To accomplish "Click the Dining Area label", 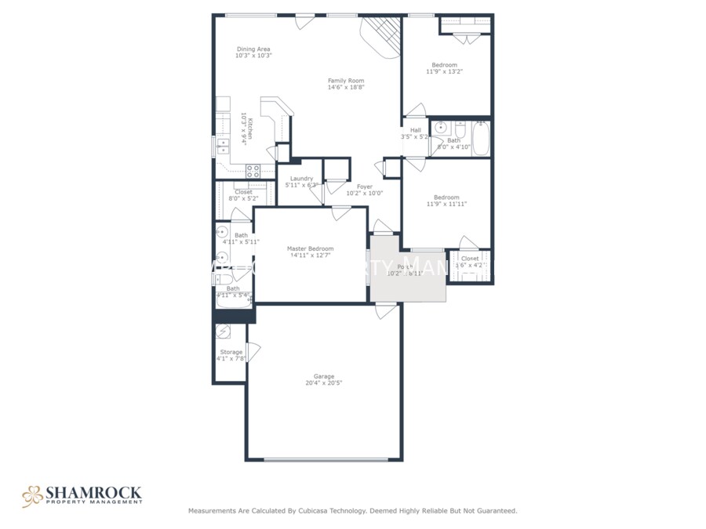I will tap(253, 49).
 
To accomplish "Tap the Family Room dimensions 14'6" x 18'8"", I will tap(346, 87).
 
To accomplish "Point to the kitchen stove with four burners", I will tap(253, 168).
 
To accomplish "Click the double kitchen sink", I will tap(224, 146).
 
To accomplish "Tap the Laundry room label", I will tap(301, 179).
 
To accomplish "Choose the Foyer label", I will tap(365, 187).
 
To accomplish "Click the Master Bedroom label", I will tap(310, 248).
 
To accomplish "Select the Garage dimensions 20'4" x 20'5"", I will tap(324, 383).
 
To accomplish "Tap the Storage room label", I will tap(231, 352).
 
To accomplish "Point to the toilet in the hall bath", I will tap(460, 129).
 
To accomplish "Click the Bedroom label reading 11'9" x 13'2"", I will tap(444, 65).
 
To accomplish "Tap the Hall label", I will tap(415, 130).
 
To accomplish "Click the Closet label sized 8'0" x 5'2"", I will tap(243, 192).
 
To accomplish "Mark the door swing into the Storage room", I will tap(253, 352).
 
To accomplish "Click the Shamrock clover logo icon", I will tap(32, 495).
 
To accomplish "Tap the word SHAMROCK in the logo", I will tap(93, 492).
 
